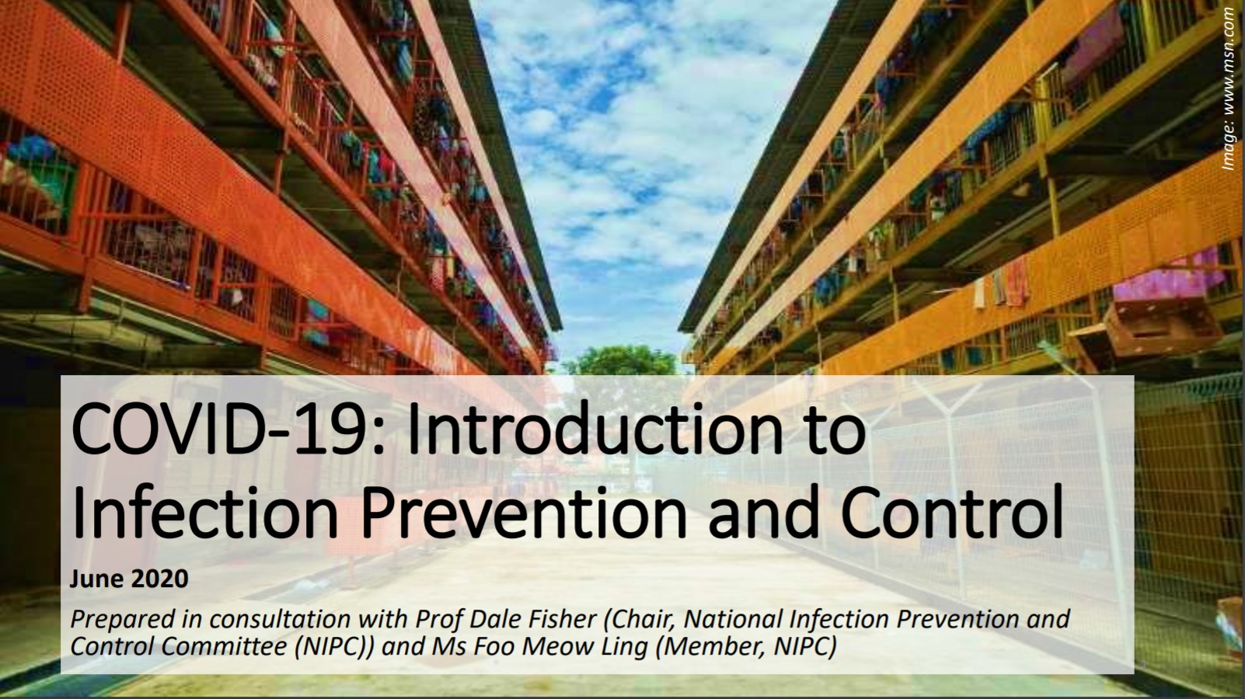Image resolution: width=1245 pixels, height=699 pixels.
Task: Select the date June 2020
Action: (129, 579)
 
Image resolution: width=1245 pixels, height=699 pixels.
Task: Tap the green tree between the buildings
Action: (619, 361)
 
